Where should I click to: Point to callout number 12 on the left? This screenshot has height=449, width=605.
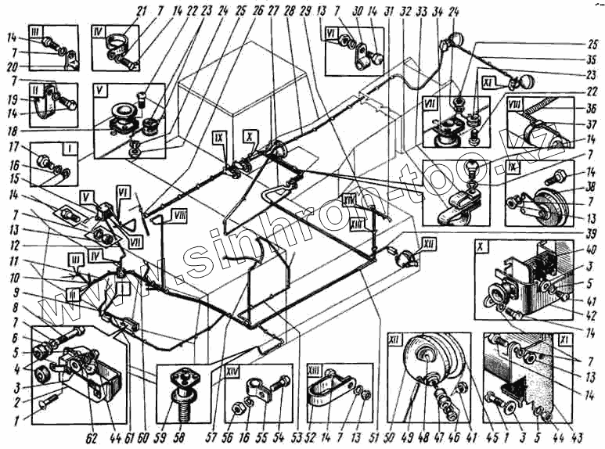point(13,244)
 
